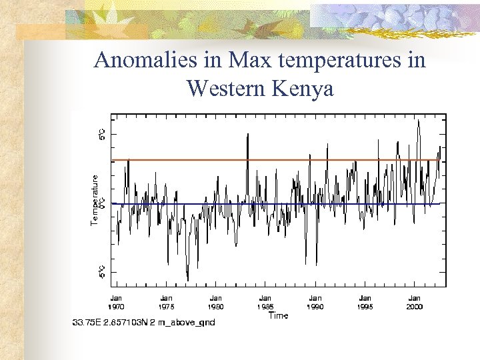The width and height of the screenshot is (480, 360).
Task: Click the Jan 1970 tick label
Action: pyautogui.click(x=116, y=302)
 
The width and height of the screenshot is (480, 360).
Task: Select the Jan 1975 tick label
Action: pyautogui.click(x=166, y=302)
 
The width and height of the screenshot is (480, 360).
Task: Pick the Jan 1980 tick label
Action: pyautogui.click(x=216, y=302)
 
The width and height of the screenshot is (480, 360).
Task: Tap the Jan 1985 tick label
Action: pyautogui.click(x=265, y=302)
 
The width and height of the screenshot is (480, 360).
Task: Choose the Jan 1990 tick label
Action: pyautogui.click(x=315, y=302)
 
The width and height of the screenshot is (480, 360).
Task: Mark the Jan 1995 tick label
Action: pyautogui.click(x=365, y=302)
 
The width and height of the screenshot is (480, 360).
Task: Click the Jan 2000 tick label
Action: pyautogui.click(x=415, y=302)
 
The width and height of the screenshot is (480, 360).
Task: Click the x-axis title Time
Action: pyautogui.click(x=278, y=315)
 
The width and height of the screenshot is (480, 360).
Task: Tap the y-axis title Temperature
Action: pyautogui.click(x=95, y=199)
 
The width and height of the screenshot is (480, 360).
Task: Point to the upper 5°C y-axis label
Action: pyautogui.click(x=102, y=135)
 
